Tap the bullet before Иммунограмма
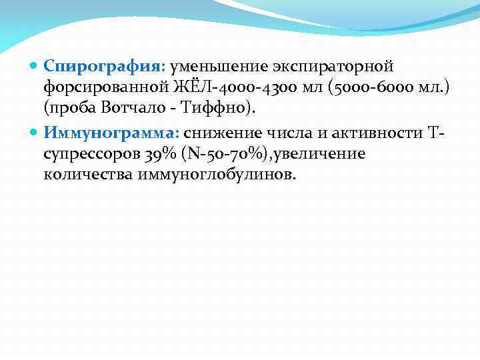point(35,134)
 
